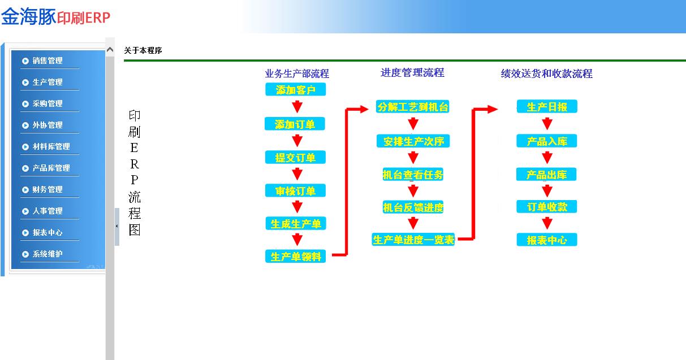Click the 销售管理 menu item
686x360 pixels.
point(48,60)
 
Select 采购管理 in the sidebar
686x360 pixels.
point(48,103)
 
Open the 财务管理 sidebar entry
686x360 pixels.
point(48,189)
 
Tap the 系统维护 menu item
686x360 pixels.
point(48,254)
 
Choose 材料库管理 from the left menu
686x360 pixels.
point(51,146)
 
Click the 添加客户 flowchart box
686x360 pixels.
point(296,89)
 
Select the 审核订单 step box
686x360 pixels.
point(296,190)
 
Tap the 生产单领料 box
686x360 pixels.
point(296,256)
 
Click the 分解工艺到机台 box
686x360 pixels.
point(413,106)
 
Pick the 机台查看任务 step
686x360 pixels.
point(413,175)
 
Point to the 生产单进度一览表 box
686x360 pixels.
point(413,240)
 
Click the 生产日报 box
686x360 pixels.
point(547,106)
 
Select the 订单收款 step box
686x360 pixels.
point(547,207)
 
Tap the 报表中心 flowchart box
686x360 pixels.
point(547,240)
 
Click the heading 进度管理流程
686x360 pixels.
point(412,73)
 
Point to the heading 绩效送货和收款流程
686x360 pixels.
point(547,73)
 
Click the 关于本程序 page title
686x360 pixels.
point(143,50)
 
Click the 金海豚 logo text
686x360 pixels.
point(28,16)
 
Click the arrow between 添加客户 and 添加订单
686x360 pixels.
point(297,106)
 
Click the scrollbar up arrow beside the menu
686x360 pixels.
point(110,50)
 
